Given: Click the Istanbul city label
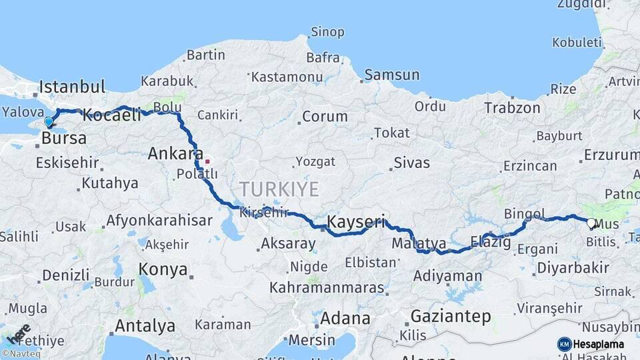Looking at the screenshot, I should click(72, 87).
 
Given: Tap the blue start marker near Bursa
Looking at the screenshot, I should click(49, 122).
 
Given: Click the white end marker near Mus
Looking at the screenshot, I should click(591, 223).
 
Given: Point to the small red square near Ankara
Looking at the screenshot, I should click(207, 161).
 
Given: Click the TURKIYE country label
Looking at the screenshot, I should click(279, 189).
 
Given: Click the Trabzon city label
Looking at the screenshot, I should click(512, 107).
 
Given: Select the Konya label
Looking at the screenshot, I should click(163, 269).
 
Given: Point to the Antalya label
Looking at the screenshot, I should click(145, 326).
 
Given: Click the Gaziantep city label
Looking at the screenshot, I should click(451, 316).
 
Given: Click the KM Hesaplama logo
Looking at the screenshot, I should click(591, 344).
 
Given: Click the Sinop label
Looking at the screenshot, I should click(327, 32).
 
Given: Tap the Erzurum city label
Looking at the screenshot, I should click(611, 155).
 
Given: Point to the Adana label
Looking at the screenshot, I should click(345, 318).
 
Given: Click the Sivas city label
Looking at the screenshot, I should click(411, 162).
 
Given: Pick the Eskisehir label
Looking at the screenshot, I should click(67, 162).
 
